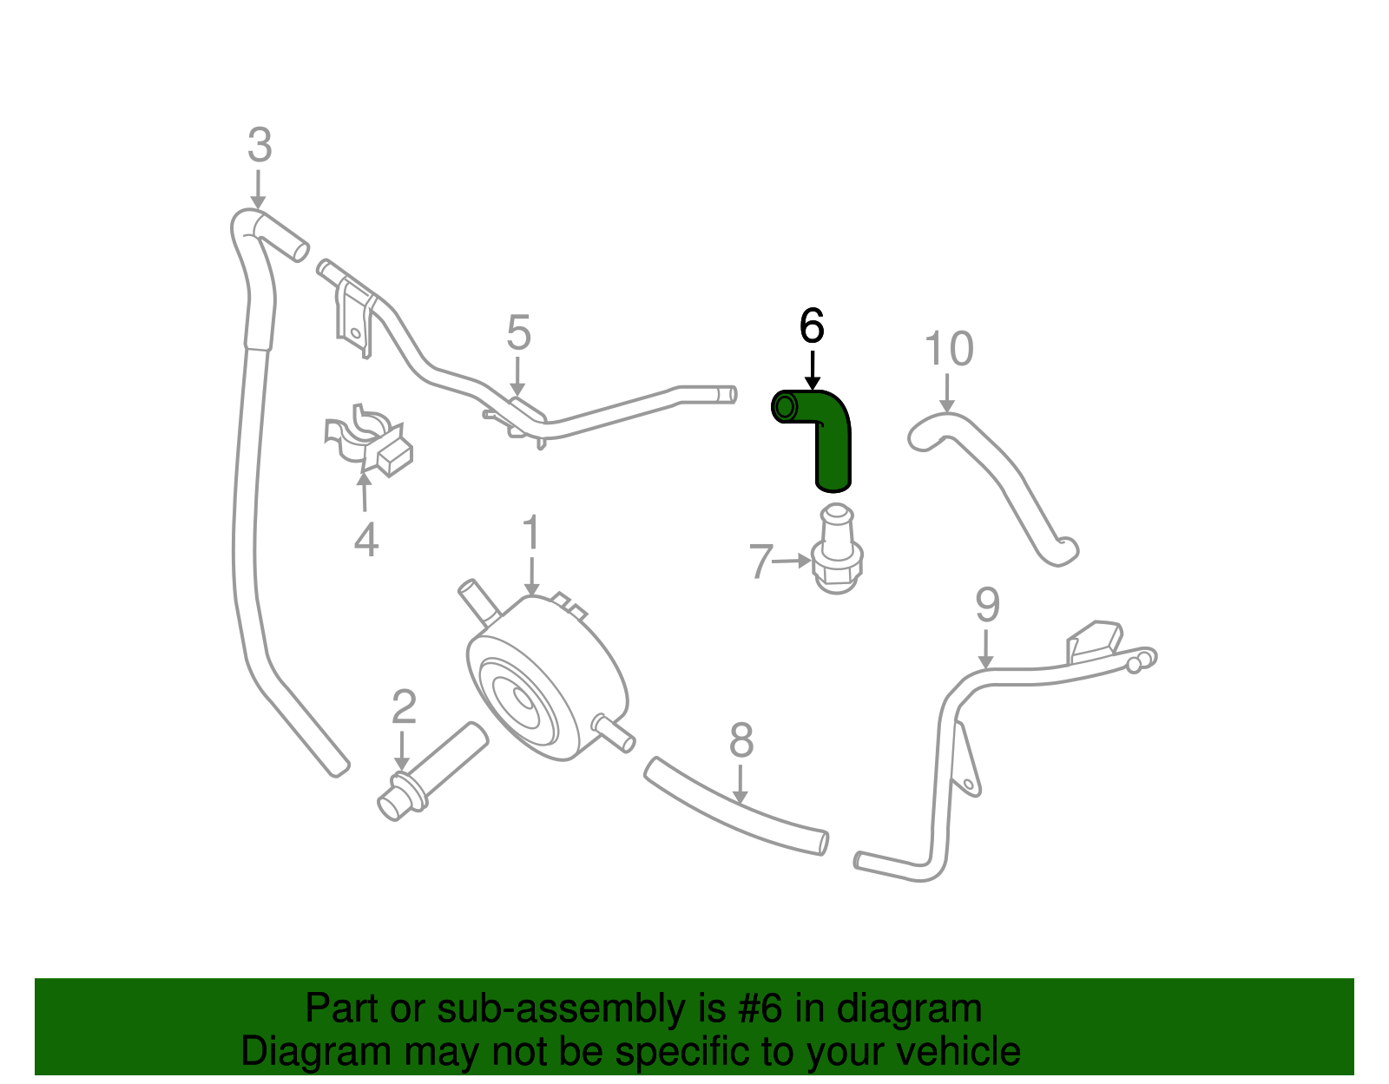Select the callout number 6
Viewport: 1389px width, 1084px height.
pos(812,326)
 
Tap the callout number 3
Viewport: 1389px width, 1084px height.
pos(260,146)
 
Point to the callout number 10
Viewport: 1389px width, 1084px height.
pos(948,349)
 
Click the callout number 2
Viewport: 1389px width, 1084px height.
pos(404,707)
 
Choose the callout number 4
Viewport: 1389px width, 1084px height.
pos(365,540)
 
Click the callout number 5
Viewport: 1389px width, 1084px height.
pos(518,333)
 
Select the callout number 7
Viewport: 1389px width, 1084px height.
pos(760,562)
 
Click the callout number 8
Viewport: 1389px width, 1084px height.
pos(741,740)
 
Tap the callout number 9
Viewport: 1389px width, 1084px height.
pos(987,605)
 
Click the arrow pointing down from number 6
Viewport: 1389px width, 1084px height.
pos(812,369)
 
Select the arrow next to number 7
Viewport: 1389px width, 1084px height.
pos(792,561)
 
